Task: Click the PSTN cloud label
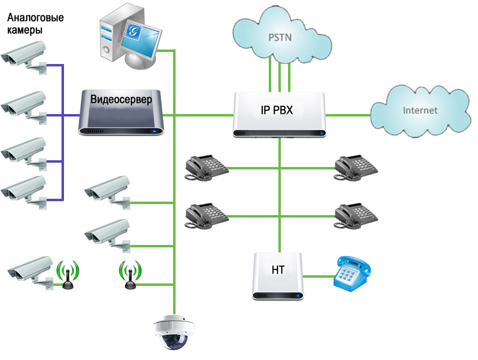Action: (x=280, y=38)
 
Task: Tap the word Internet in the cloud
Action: (x=420, y=110)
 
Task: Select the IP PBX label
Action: (x=277, y=110)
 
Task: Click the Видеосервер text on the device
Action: (x=121, y=100)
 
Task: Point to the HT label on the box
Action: (x=278, y=270)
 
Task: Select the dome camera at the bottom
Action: (x=174, y=332)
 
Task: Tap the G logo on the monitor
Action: (x=133, y=30)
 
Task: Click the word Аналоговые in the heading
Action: (x=36, y=18)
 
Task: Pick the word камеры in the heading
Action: (x=25, y=30)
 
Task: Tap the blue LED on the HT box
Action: (x=296, y=296)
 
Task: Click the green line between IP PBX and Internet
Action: (x=348, y=116)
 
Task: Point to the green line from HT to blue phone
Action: (x=318, y=277)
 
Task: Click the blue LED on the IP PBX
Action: (x=321, y=133)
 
